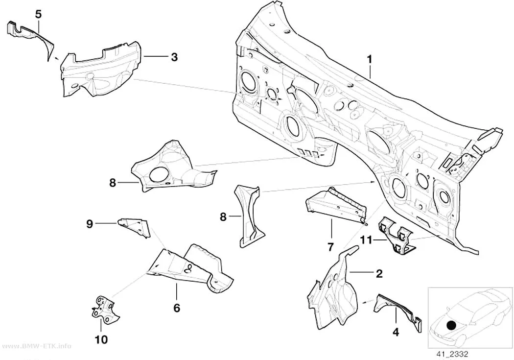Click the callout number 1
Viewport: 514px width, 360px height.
coord(370,60)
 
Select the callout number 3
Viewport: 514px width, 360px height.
coord(174,57)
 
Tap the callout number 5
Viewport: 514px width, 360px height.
coord(38,14)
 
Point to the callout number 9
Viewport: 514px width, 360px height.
coord(90,224)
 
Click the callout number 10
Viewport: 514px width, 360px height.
coord(101,339)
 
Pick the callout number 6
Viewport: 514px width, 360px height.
coord(177,308)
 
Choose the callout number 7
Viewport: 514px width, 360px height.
coord(330,246)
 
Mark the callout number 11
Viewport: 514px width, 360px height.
coord(367,240)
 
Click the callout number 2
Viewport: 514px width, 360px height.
coord(379,273)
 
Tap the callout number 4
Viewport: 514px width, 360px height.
coord(396,332)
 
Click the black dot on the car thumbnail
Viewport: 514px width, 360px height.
coord(452,326)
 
